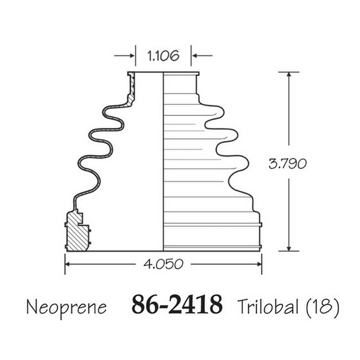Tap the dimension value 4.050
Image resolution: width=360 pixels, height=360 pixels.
click(163, 264)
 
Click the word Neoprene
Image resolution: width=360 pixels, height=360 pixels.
click(66, 307)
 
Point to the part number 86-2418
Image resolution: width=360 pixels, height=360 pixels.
click(177, 305)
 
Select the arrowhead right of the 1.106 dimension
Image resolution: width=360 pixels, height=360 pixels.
click(194, 56)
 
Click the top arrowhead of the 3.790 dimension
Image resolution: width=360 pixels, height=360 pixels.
click(289, 75)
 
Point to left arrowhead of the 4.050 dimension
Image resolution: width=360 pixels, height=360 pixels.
click(68, 264)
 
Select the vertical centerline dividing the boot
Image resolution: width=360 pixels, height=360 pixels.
click(163, 162)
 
